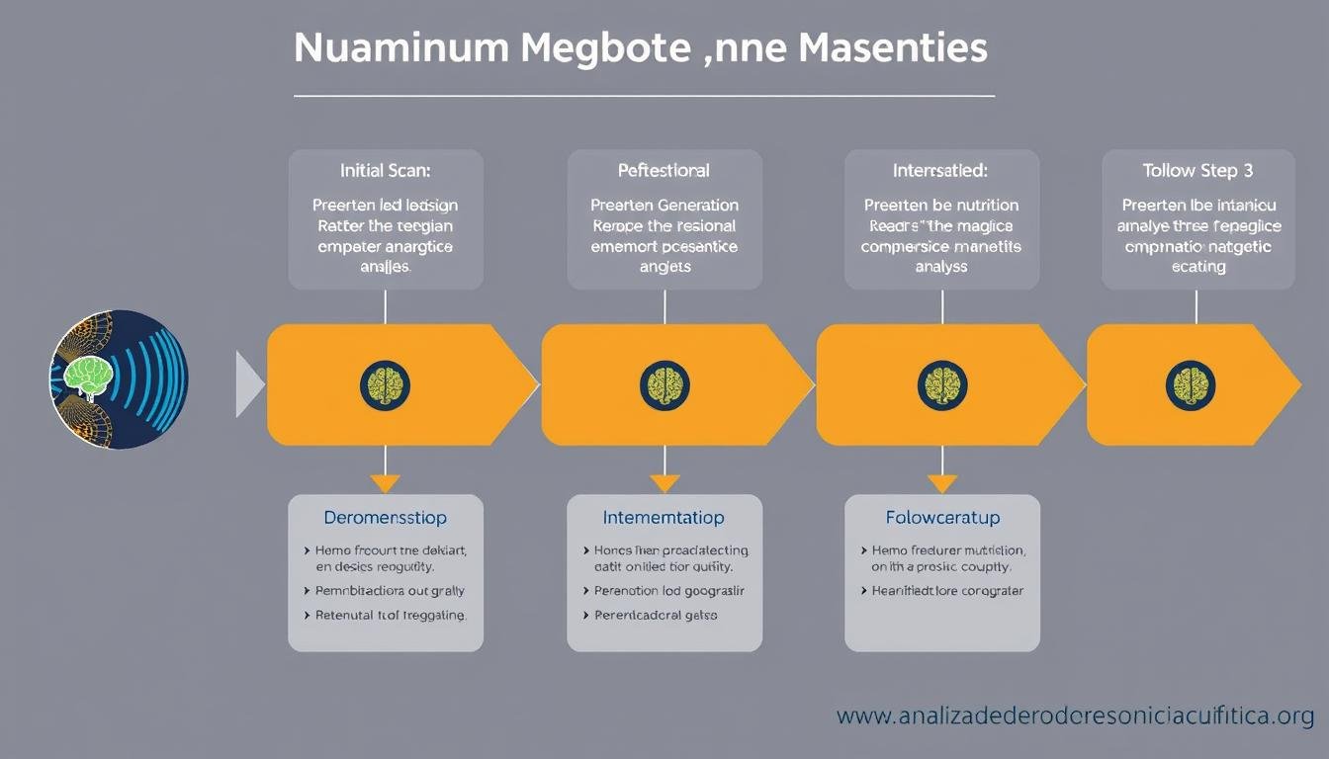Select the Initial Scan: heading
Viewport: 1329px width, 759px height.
tap(386, 170)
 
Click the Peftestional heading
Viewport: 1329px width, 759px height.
tap(664, 170)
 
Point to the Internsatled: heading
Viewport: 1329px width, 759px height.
tap(939, 170)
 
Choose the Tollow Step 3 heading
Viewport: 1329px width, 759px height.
tap(1197, 170)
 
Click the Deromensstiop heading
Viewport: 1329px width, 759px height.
tap(386, 518)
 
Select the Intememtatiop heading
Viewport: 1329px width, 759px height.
tap(664, 518)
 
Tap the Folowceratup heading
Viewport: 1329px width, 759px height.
tap(942, 518)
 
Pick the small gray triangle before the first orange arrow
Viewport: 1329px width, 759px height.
tap(249, 383)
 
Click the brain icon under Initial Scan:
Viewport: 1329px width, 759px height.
tap(386, 385)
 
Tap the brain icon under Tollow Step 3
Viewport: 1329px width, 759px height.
tap(1190, 385)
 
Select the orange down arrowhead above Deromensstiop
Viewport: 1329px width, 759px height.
tap(386, 483)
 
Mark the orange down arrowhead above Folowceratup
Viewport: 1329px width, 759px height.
tap(942, 483)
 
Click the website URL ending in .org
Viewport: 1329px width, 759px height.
tap(1075, 716)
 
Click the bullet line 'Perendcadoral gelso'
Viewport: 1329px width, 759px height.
tap(656, 615)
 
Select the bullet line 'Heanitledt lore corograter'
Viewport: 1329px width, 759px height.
tap(946, 591)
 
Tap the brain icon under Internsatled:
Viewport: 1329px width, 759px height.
tap(942, 385)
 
